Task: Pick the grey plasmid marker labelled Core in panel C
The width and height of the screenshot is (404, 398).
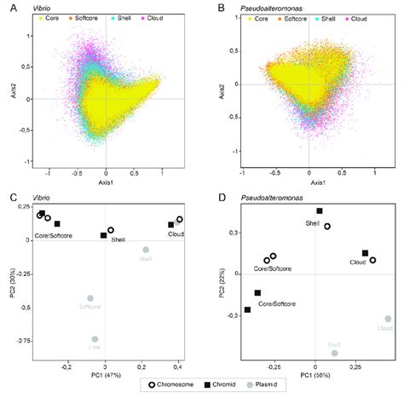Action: (x=95, y=338)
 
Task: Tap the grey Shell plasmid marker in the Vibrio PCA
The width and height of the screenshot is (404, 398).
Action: (x=146, y=250)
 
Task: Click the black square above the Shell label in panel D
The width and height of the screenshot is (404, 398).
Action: (x=320, y=211)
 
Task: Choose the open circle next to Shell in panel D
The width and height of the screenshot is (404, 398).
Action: (x=327, y=227)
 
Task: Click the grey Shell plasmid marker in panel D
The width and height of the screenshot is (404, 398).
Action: (x=335, y=352)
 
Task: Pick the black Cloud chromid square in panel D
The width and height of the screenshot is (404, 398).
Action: (x=365, y=253)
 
